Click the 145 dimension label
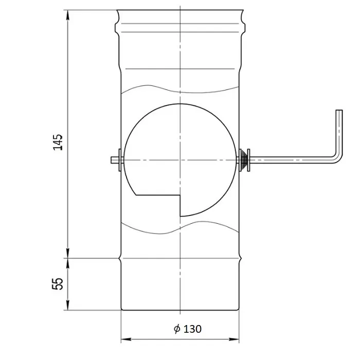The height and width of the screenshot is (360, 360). (58, 142)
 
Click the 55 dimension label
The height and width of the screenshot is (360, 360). (58, 284)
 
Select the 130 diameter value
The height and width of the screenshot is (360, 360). (193, 329)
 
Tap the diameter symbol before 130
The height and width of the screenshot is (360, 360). (177, 329)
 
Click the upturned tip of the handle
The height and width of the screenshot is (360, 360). (339, 111)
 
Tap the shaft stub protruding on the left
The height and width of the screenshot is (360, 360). (114, 160)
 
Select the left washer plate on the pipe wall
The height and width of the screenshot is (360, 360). (120, 160)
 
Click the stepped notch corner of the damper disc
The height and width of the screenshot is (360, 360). (180, 195)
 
